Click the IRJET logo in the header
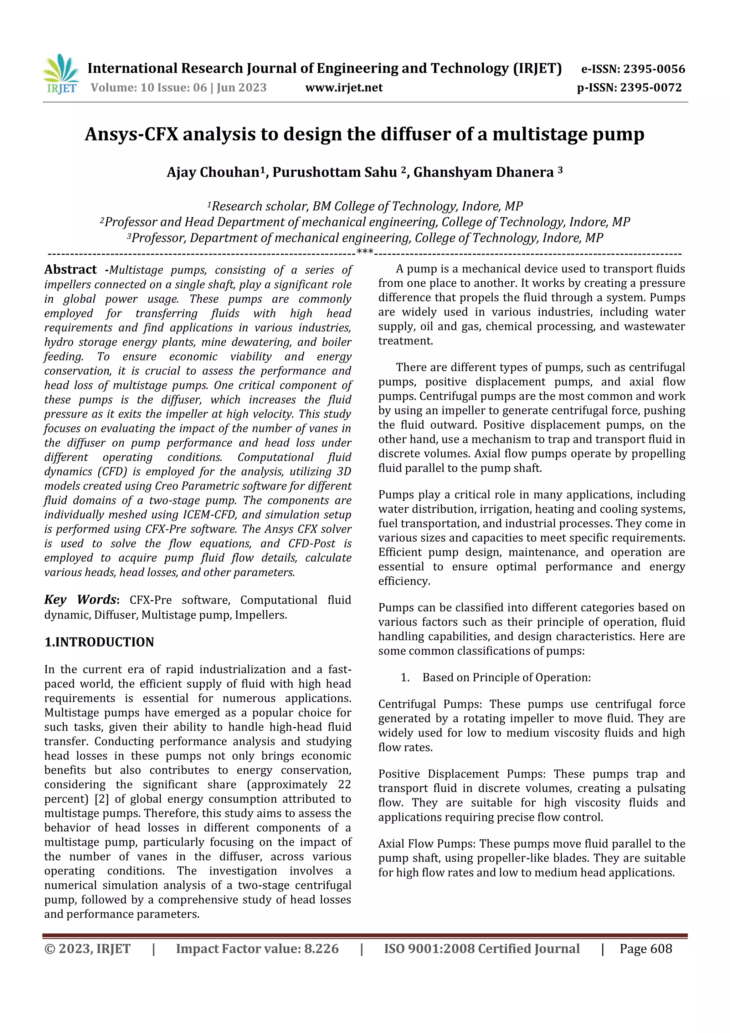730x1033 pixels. click(61, 74)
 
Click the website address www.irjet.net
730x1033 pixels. click(344, 88)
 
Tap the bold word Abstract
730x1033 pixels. click(70, 270)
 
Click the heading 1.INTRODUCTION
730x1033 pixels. click(99, 642)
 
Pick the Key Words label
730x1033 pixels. click(81, 600)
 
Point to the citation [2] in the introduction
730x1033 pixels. click(102, 799)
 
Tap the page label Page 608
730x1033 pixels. click(646, 949)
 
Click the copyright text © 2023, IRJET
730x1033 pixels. click(87, 949)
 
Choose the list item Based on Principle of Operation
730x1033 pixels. click(506, 677)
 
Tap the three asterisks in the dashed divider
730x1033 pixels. click(365, 252)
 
